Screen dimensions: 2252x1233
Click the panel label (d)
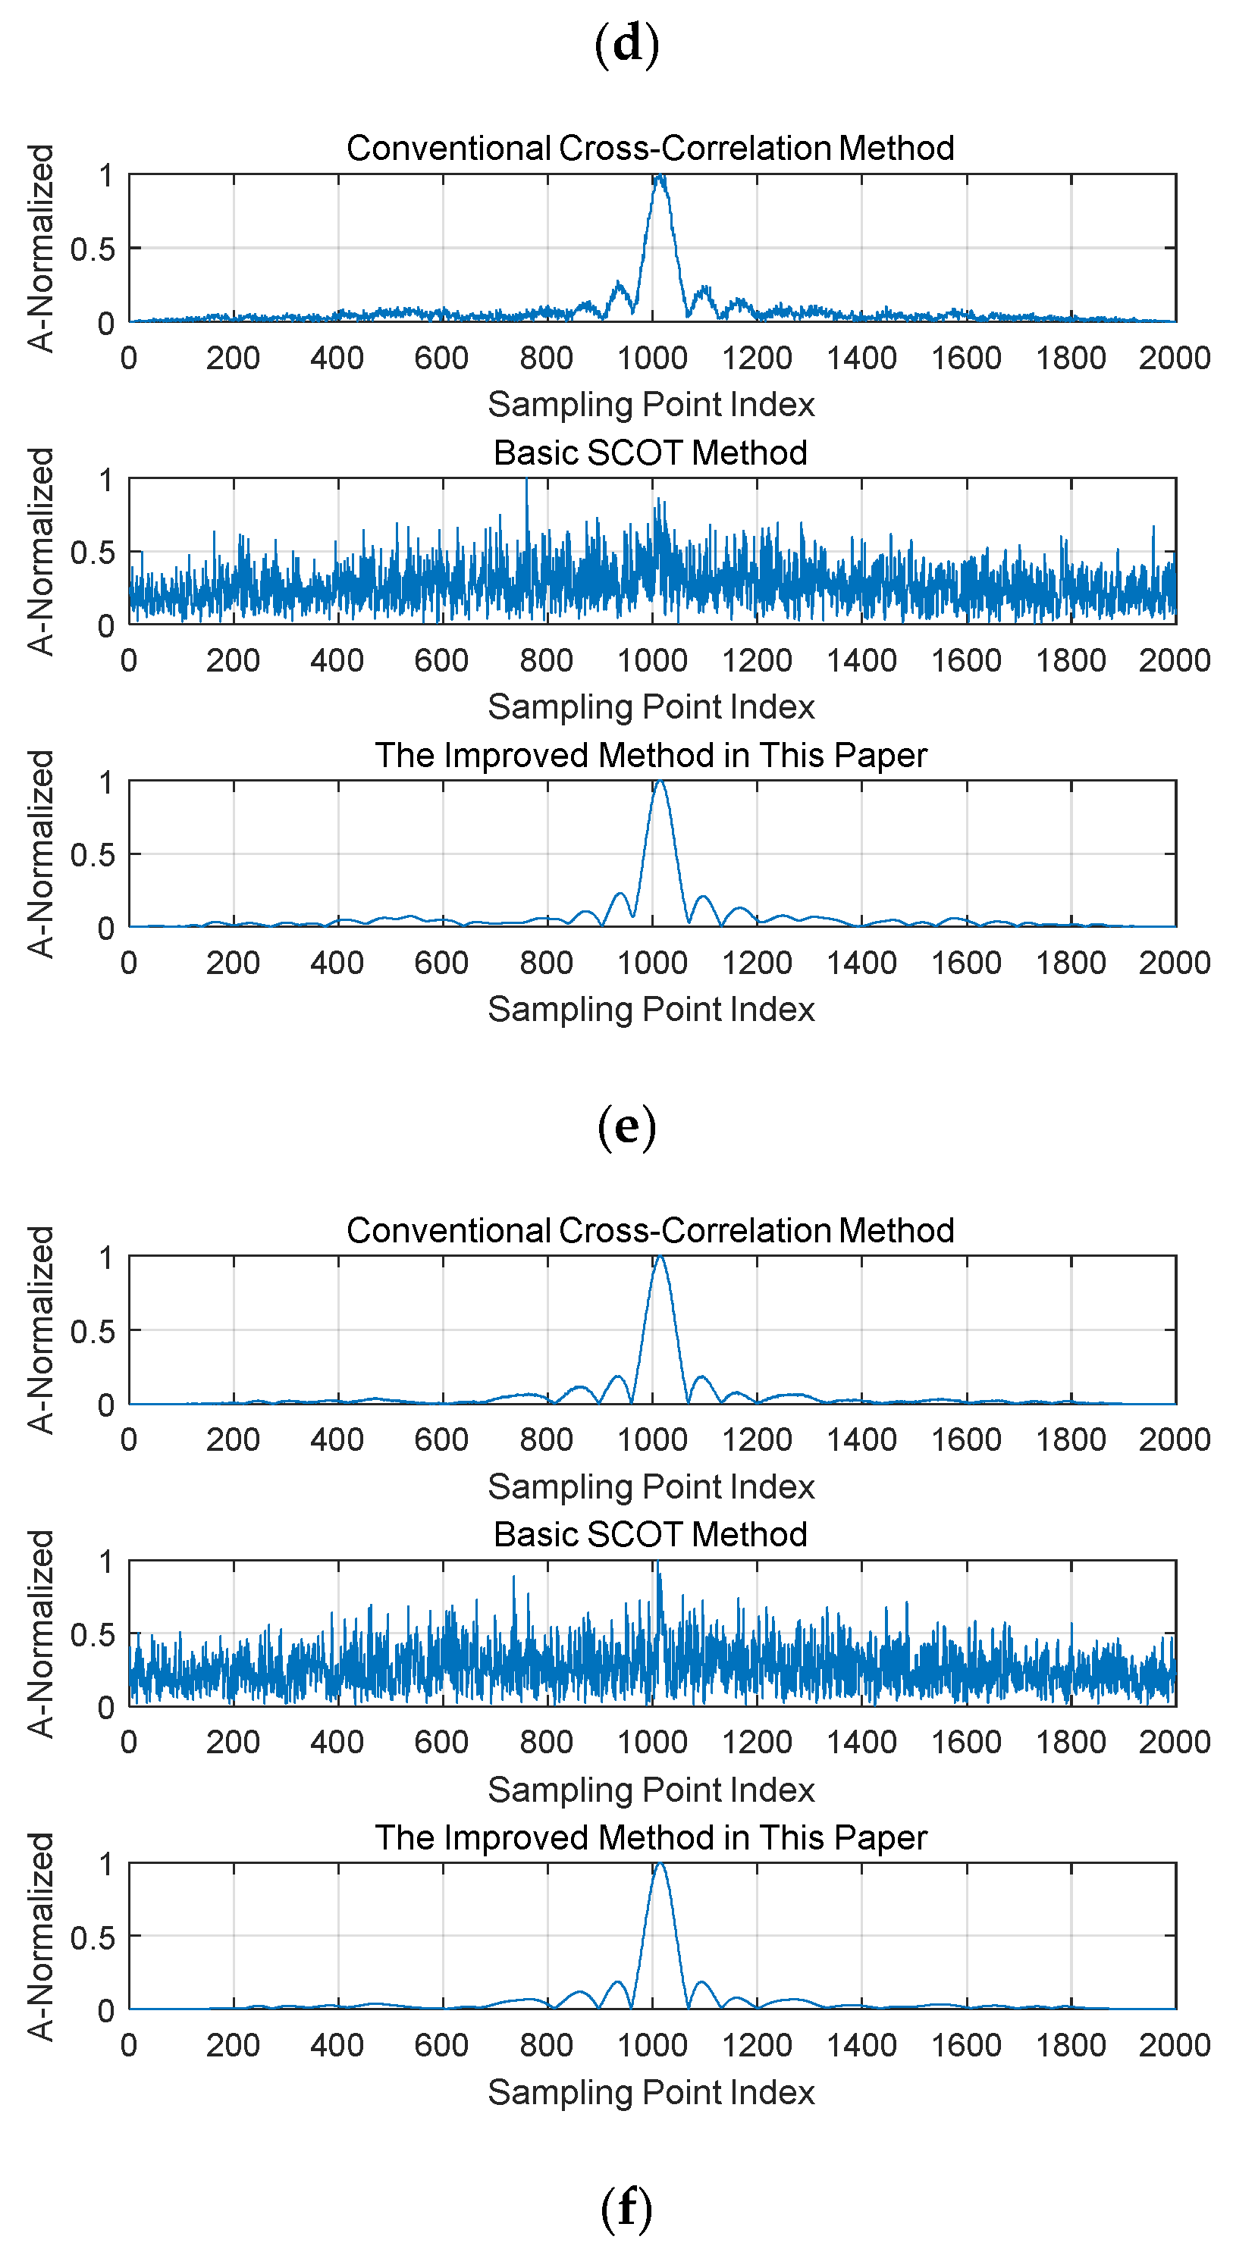(x=626, y=44)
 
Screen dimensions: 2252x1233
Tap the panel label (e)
(x=626, y=1126)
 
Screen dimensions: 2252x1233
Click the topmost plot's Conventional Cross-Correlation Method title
(x=650, y=148)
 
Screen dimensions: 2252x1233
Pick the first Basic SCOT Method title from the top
(x=650, y=452)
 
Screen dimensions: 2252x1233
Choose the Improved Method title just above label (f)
(x=650, y=1837)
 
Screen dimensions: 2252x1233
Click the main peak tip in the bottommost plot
(x=660, y=1865)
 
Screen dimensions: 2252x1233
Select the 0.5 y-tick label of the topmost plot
(x=93, y=249)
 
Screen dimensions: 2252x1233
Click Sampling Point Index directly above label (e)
(x=651, y=1009)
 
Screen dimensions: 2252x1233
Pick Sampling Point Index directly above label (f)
(x=651, y=2092)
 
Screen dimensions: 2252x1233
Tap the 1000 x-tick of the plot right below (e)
(x=652, y=1439)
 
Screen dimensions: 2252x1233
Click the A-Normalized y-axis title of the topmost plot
(x=41, y=249)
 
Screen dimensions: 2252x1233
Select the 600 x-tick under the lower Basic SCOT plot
(x=441, y=1741)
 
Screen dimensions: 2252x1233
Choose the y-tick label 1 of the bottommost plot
(x=106, y=1865)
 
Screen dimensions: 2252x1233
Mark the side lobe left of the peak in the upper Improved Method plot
(x=621, y=894)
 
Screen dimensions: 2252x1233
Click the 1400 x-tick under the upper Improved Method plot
(x=861, y=963)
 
